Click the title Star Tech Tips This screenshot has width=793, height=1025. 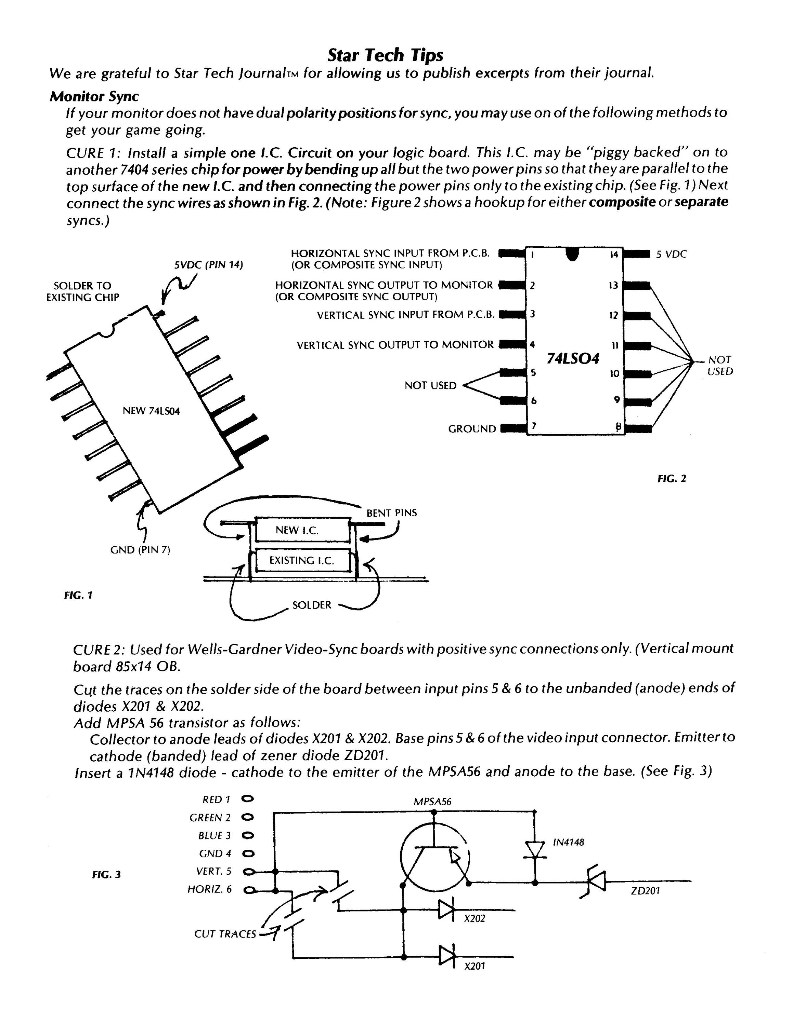coord(385,55)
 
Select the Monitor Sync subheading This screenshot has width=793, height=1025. coord(94,96)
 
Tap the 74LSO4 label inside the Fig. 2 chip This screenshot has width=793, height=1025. coord(573,359)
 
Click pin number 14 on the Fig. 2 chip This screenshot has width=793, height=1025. coord(613,255)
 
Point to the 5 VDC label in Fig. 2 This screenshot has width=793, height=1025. coord(671,255)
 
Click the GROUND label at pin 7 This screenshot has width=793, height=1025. coord(472,429)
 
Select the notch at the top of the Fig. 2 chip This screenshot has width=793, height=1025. coord(572,254)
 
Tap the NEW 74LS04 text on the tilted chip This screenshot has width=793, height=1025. coord(151,411)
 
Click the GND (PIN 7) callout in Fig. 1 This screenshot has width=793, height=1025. coord(140,550)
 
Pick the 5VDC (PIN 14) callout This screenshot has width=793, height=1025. coord(209,265)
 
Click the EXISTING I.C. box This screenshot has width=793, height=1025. coord(302,560)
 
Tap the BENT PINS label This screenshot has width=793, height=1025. coord(392,513)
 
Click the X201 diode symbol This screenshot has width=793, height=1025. coord(447,956)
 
